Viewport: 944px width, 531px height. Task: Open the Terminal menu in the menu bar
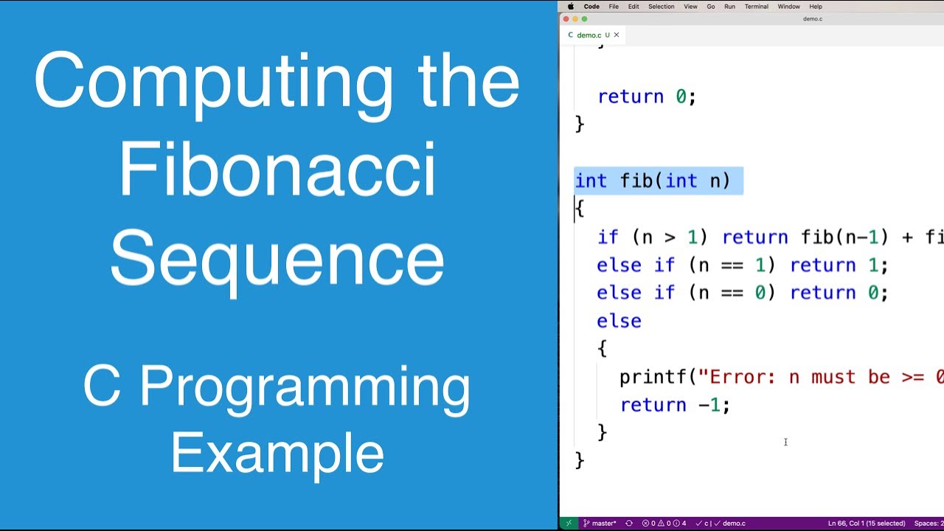click(x=756, y=7)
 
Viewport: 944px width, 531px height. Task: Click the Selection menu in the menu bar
click(x=661, y=7)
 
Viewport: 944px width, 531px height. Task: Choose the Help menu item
click(x=816, y=7)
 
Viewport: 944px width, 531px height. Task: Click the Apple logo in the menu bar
click(x=571, y=7)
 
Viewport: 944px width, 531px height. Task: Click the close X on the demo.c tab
click(x=617, y=35)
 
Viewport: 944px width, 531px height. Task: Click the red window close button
click(x=566, y=19)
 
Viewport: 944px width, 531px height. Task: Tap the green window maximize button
click(x=585, y=19)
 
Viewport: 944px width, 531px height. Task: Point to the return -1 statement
click(x=674, y=405)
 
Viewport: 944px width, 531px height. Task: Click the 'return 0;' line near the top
click(x=646, y=97)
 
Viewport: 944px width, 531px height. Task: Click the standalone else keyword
click(x=619, y=321)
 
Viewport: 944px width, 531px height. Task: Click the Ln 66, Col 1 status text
click(x=866, y=524)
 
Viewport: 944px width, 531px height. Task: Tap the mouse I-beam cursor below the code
click(x=785, y=442)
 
